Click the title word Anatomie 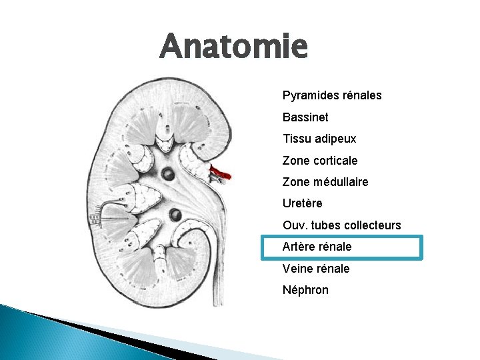(234, 47)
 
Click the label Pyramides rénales (332, 95)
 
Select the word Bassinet (305, 117)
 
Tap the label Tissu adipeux (319, 139)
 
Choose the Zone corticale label (320, 161)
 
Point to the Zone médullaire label (325, 182)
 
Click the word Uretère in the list (302, 203)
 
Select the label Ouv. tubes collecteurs (342, 225)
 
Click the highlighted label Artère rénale (317, 247)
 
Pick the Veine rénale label (316, 269)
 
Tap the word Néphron (305, 290)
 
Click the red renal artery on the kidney (219, 173)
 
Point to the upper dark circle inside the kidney (168, 175)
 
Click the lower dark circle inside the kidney (176, 215)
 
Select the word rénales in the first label (361, 95)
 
